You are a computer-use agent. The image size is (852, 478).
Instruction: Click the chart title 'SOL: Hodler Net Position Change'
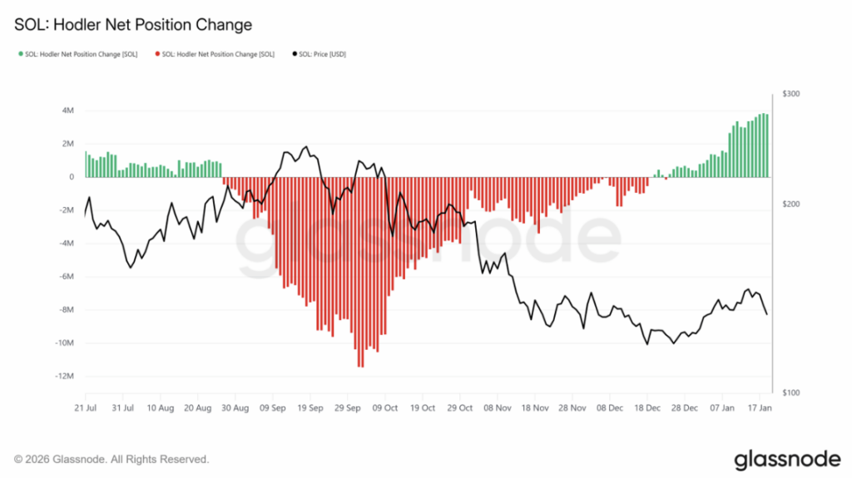click(x=133, y=25)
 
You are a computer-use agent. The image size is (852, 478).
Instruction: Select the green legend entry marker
click(x=20, y=54)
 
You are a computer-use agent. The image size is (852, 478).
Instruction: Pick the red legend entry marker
click(x=157, y=54)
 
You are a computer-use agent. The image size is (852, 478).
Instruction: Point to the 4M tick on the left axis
click(x=67, y=111)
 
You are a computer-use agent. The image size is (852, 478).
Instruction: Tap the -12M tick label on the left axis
click(x=64, y=376)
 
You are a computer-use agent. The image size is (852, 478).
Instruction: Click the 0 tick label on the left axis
click(x=72, y=177)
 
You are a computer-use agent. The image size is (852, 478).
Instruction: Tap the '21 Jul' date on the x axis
click(x=85, y=408)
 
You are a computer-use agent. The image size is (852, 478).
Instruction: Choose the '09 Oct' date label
click(x=387, y=408)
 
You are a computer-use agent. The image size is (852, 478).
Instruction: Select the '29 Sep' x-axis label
click(x=349, y=408)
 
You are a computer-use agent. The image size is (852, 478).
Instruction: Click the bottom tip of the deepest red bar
click(x=360, y=367)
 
